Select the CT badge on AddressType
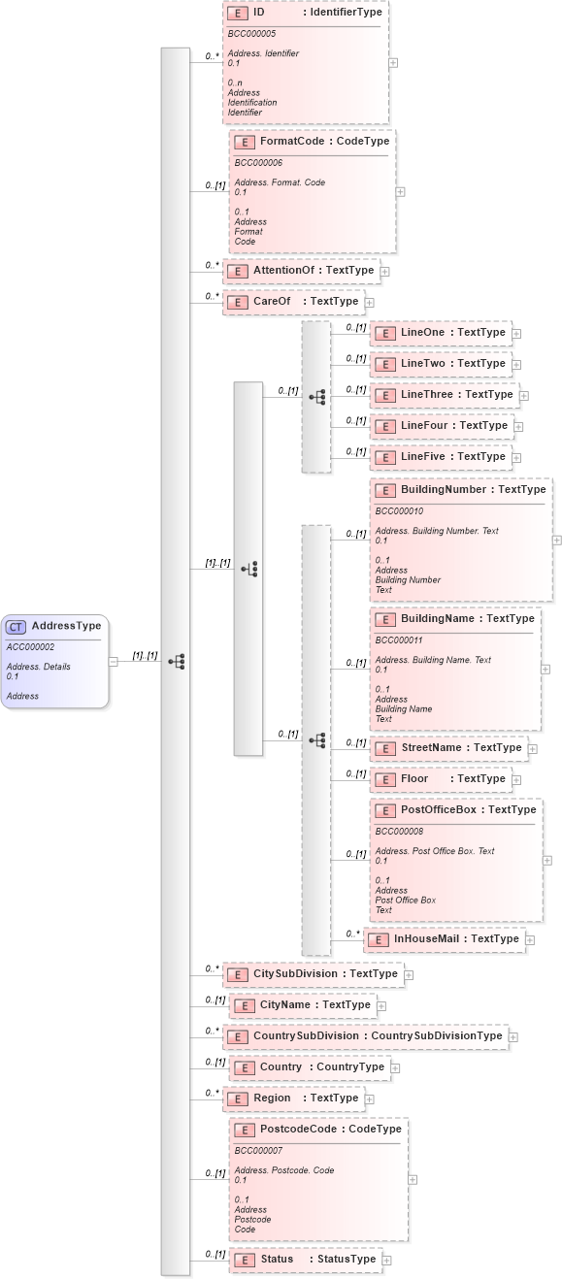click(17, 626)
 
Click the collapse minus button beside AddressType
click(114, 662)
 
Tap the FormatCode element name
click(292, 142)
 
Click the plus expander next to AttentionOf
click(384, 272)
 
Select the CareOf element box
click(294, 302)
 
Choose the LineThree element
click(445, 395)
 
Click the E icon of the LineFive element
click(386, 457)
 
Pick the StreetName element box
click(448, 748)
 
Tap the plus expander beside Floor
click(518, 779)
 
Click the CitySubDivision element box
click(313, 973)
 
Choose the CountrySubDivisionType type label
click(437, 1035)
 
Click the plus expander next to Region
click(370, 1099)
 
